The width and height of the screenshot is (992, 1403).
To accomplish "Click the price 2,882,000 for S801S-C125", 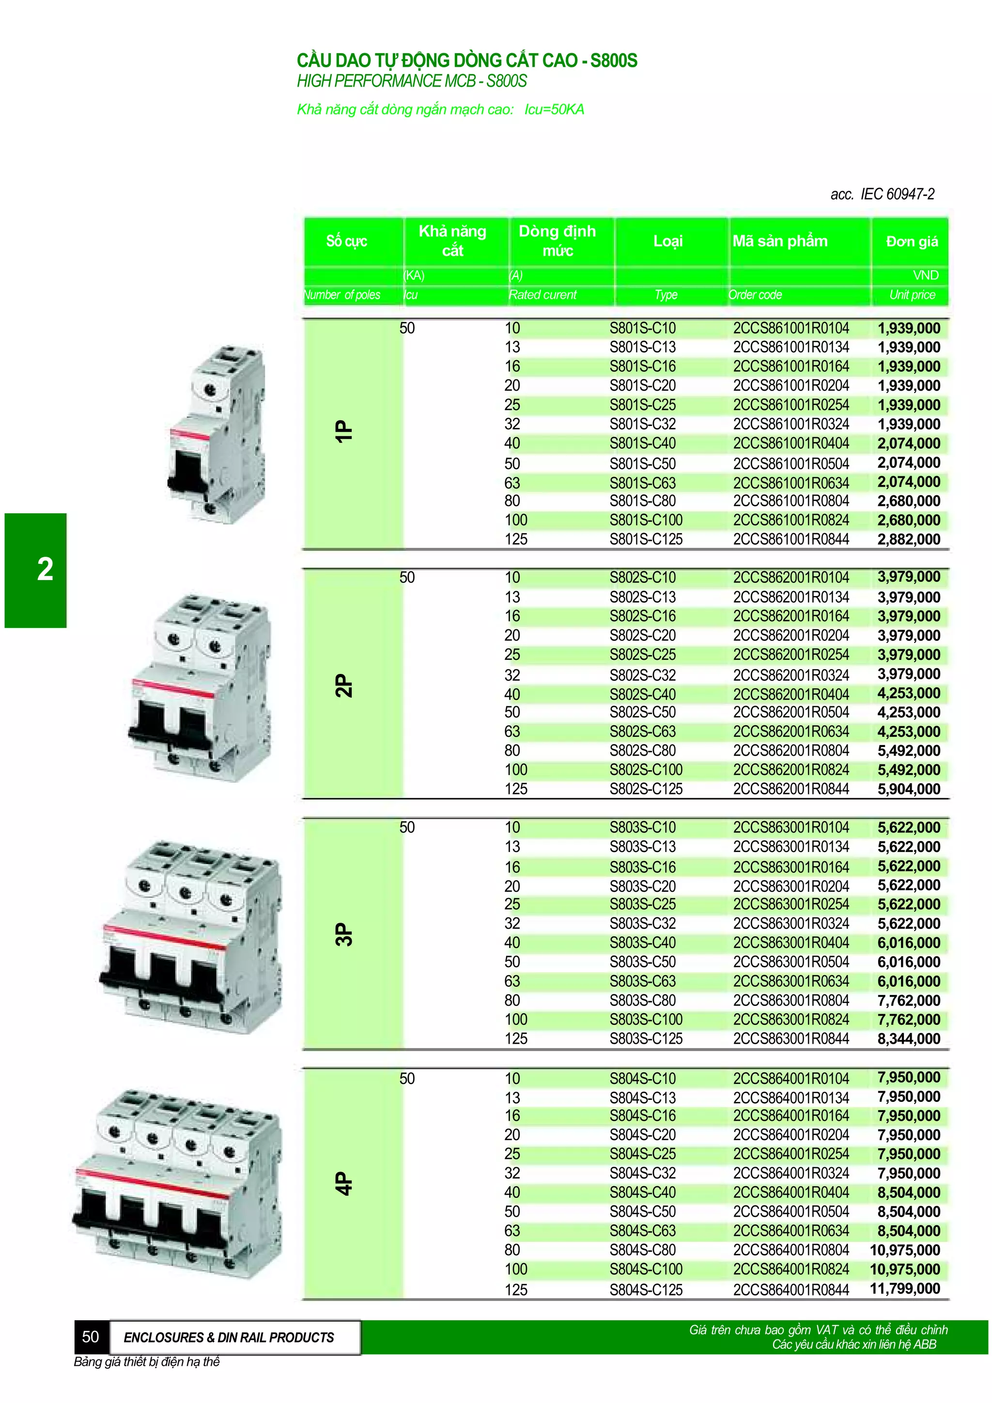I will pos(908,540).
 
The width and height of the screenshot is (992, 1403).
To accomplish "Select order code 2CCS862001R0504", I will pos(790,713).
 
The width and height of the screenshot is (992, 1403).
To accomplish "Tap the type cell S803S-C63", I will pos(642,981).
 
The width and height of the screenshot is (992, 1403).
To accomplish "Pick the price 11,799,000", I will pos(905,1289).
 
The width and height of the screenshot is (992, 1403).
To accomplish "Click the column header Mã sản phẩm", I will pos(780,242).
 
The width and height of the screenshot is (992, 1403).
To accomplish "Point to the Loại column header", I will pos(667,242).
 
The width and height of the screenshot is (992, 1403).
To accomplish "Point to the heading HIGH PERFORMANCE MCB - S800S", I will pos(411,81).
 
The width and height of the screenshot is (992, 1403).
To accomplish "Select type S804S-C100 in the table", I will pos(646,1269).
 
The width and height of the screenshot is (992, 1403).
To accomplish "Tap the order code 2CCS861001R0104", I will pos(790,328).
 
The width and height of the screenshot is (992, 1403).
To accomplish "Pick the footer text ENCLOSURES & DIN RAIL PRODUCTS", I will pos(229,1338).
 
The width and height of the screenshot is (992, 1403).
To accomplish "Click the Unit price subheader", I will pos(912,295).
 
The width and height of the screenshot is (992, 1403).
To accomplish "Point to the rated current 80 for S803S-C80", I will pos(511,1000).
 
